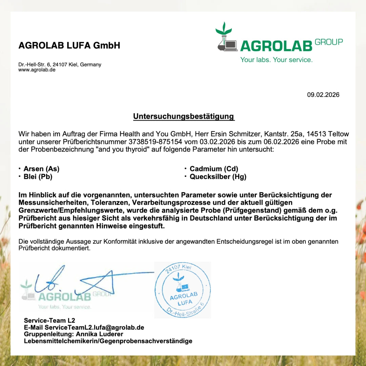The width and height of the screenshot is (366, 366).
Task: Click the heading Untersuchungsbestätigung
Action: [183, 117]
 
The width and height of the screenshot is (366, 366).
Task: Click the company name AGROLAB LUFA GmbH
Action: [69, 45]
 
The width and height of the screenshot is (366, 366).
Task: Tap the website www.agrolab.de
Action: [37, 70]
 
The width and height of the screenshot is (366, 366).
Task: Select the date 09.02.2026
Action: [323, 95]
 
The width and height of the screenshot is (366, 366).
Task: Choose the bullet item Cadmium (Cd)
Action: [214, 169]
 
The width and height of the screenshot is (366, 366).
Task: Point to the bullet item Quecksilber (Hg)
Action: [218, 177]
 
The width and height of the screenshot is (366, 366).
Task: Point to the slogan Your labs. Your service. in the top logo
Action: [276, 60]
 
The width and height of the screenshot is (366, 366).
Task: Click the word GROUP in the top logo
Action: [328, 42]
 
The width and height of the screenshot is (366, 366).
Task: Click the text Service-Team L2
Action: [49, 321]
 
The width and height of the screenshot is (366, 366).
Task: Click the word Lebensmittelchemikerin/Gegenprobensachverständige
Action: [108, 341]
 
